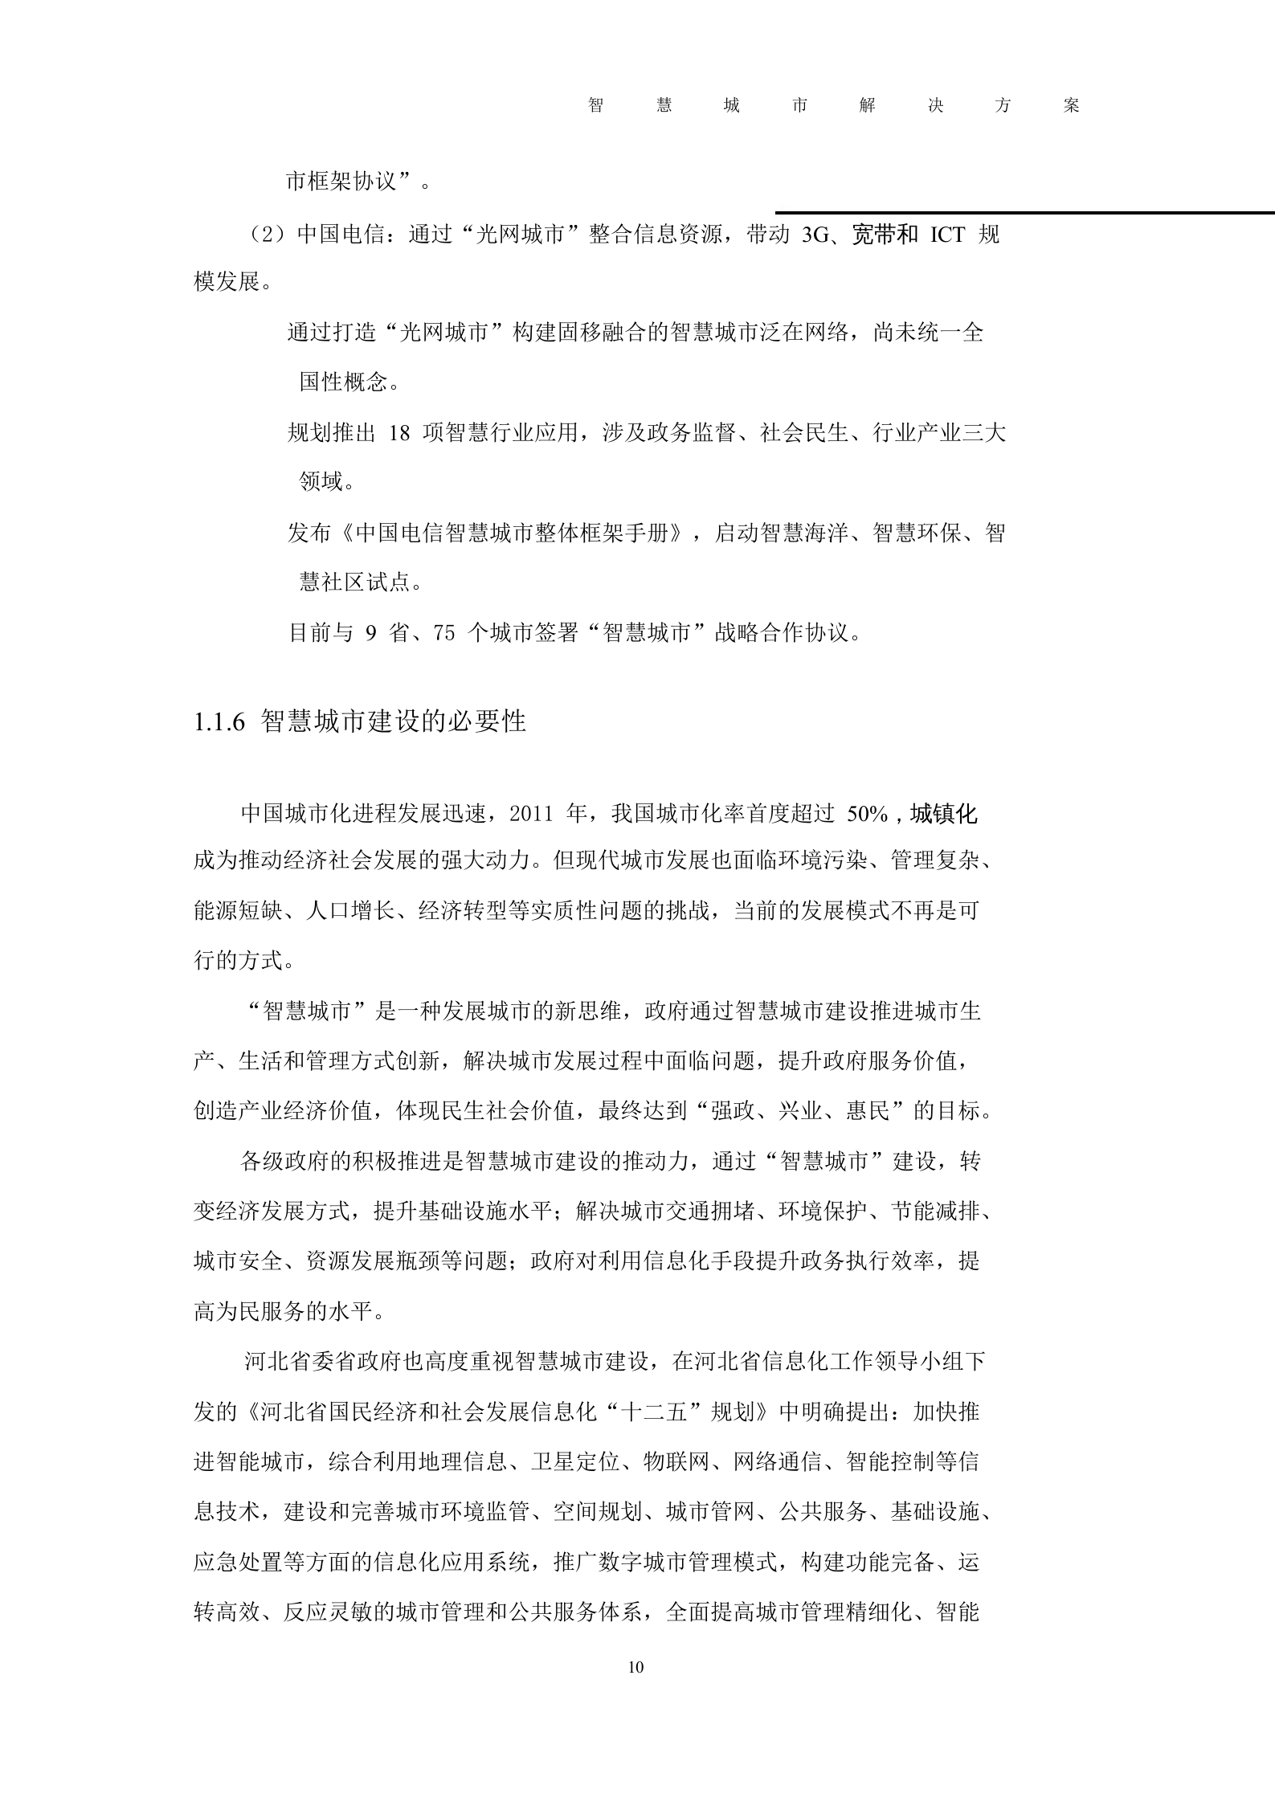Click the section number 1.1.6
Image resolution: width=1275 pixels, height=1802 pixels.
click(x=219, y=721)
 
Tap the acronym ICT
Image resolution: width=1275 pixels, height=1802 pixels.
click(x=948, y=235)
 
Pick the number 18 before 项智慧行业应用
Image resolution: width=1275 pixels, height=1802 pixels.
click(x=398, y=433)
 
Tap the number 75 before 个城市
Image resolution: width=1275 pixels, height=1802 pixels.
click(x=443, y=632)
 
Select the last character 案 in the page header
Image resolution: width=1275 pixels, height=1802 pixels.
click(x=1070, y=105)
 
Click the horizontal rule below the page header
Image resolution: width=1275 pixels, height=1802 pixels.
click(x=1024, y=213)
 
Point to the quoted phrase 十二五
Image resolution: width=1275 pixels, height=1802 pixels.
click(x=654, y=1412)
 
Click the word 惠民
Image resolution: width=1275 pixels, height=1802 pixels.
click(x=868, y=1110)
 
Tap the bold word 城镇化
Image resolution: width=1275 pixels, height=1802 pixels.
click(x=943, y=814)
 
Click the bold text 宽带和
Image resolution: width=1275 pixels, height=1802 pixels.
click(x=885, y=235)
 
